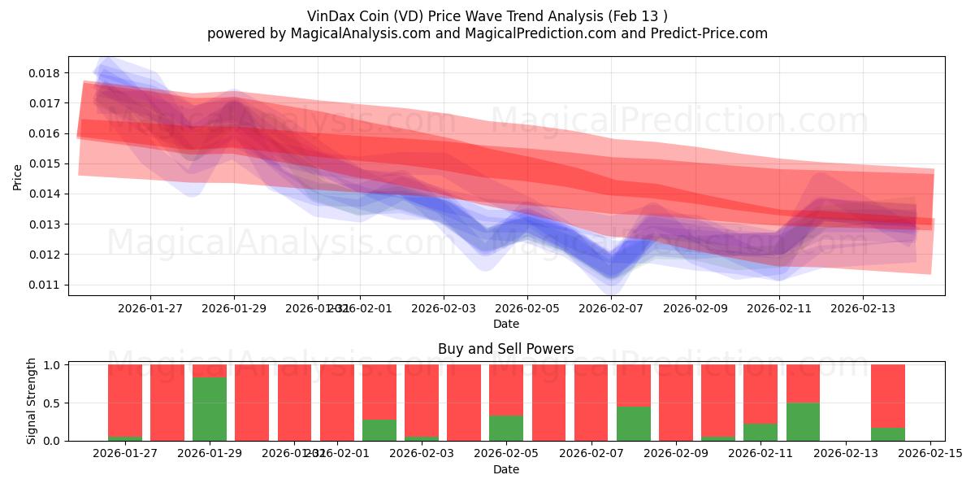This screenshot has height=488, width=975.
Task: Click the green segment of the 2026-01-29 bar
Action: click(x=210, y=409)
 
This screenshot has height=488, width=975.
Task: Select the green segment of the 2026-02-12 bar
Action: click(x=803, y=421)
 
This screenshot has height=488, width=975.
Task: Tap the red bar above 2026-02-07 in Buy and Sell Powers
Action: click(x=591, y=403)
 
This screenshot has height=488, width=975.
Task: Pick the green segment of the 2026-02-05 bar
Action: click(x=506, y=428)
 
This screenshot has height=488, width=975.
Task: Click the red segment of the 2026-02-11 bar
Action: click(x=760, y=394)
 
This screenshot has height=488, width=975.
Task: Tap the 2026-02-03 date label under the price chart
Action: click(x=444, y=309)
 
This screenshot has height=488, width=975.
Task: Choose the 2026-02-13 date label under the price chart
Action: click(x=862, y=309)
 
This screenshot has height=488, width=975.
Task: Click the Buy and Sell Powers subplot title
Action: click(x=505, y=349)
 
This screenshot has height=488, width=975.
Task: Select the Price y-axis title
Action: click(x=18, y=177)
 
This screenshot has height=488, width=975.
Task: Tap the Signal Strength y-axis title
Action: click(x=32, y=401)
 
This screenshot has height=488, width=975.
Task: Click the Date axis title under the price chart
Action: click(x=505, y=324)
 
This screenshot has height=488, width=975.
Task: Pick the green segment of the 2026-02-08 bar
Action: click(x=633, y=424)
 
